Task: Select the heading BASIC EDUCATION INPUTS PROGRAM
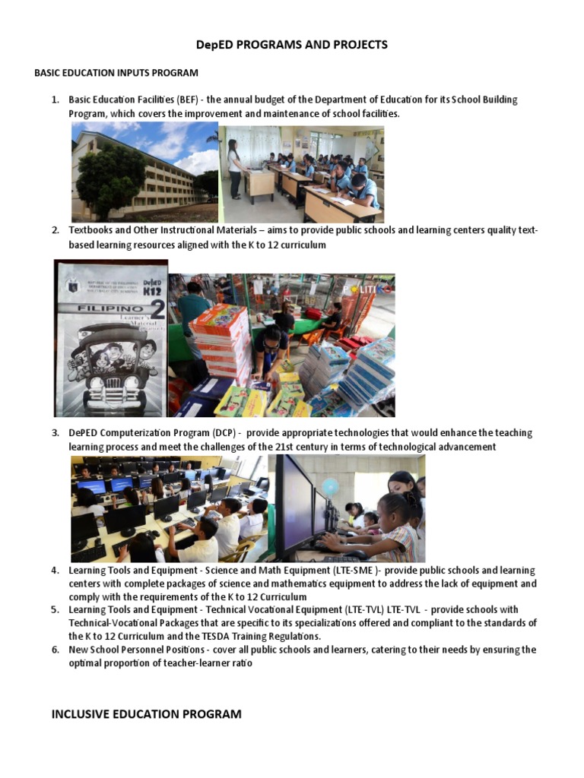click(x=116, y=73)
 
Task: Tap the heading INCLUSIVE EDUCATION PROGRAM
click(x=146, y=714)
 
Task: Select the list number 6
click(x=55, y=650)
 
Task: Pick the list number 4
click(x=55, y=571)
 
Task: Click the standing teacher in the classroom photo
click(x=234, y=167)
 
